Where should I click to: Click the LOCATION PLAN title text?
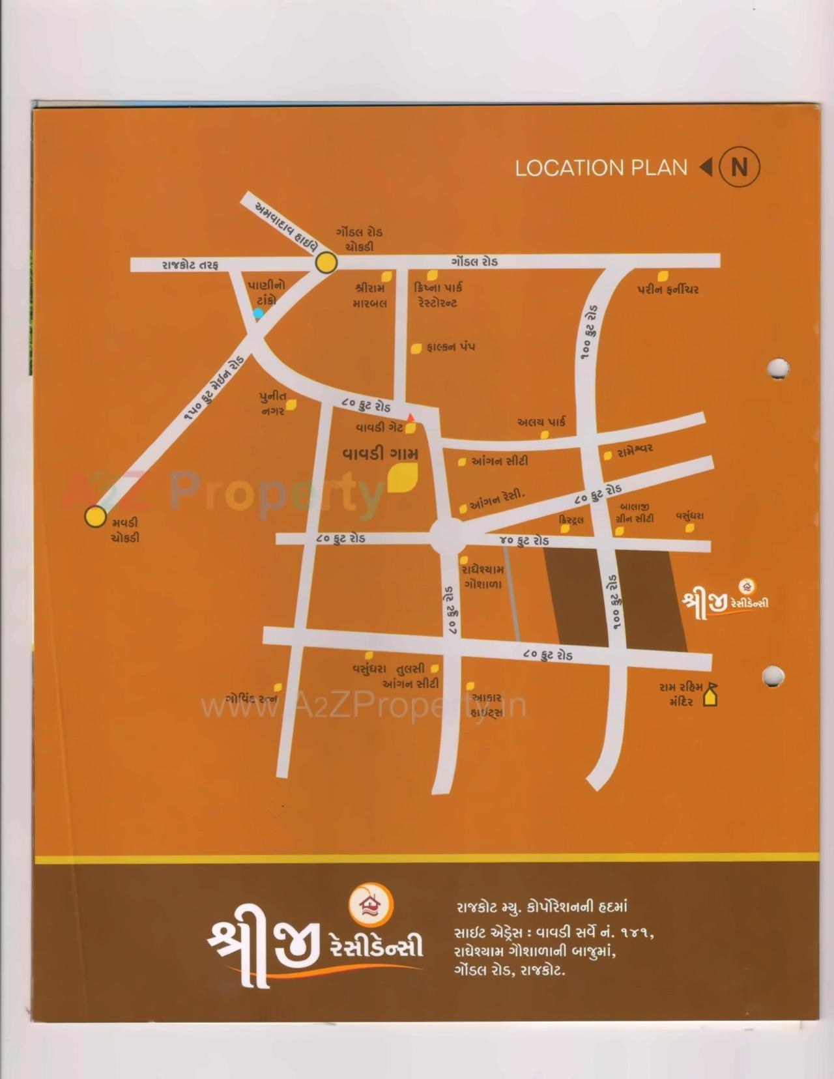601,167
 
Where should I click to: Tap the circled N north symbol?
739,167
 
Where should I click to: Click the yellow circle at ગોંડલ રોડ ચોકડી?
326,263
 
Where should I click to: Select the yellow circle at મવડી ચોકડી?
96,516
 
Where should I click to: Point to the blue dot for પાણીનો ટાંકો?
259,313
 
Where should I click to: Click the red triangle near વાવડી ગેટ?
410,417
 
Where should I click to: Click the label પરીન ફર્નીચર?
668,290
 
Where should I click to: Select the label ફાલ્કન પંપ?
450,347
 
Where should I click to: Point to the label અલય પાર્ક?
541,422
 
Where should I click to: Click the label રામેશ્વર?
635,449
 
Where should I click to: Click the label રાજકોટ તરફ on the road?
190,265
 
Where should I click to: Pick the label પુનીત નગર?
272,403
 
